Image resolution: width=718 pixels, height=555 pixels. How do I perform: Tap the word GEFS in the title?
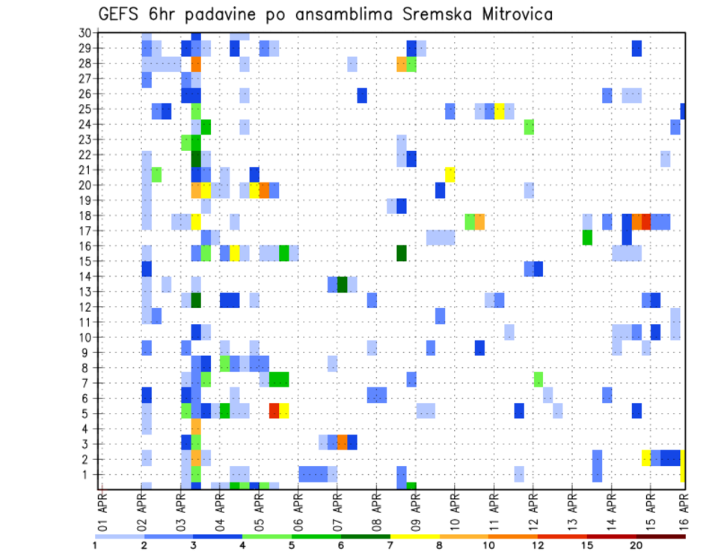(x=120, y=13)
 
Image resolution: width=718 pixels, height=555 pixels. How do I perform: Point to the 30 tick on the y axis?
(x=85, y=32)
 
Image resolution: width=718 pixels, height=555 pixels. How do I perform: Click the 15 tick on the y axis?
(x=85, y=261)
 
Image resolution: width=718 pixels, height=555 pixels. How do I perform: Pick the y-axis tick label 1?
(x=88, y=474)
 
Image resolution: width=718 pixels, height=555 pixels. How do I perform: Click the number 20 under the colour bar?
(x=636, y=545)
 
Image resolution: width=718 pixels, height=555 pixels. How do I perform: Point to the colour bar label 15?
(x=587, y=545)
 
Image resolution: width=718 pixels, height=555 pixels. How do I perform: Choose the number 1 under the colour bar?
(x=95, y=545)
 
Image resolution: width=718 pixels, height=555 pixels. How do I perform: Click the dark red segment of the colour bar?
(x=660, y=536)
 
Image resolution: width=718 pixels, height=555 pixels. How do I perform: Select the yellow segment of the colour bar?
(x=415, y=536)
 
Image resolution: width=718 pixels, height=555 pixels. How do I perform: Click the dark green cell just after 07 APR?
(x=343, y=284)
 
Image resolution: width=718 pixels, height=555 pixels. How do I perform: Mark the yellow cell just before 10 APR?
(x=449, y=174)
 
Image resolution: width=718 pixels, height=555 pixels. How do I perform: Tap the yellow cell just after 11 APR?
(x=499, y=111)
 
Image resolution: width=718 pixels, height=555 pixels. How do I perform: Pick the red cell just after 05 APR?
(x=274, y=410)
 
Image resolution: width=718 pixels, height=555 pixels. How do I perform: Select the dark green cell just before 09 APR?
(x=402, y=253)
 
